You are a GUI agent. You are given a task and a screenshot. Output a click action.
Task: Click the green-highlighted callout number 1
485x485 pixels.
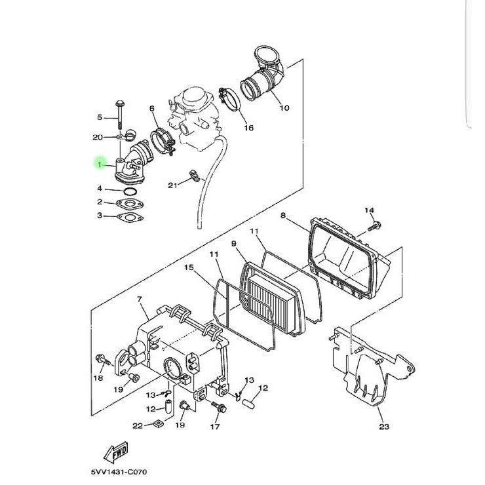[100, 165]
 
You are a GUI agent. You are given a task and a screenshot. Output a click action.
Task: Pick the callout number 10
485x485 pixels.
[284, 108]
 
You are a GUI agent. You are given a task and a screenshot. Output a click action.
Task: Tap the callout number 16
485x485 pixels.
[248, 128]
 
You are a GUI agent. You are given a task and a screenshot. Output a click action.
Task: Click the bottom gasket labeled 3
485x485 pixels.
[129, 216]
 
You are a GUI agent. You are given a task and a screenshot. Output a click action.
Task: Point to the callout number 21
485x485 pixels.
[172, 185]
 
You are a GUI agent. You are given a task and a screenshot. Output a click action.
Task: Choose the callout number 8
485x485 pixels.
[282, 215]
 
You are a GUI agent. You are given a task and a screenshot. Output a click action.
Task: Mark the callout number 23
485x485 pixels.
[384, 427]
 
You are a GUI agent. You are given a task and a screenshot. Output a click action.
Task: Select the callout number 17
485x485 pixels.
[214, 427]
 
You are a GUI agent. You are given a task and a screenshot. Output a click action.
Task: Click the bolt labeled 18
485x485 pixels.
[102, 359]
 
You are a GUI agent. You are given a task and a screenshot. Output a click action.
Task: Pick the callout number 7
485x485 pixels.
[139, 299]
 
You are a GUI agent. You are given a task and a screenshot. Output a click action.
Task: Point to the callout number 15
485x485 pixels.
[188, 267]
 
